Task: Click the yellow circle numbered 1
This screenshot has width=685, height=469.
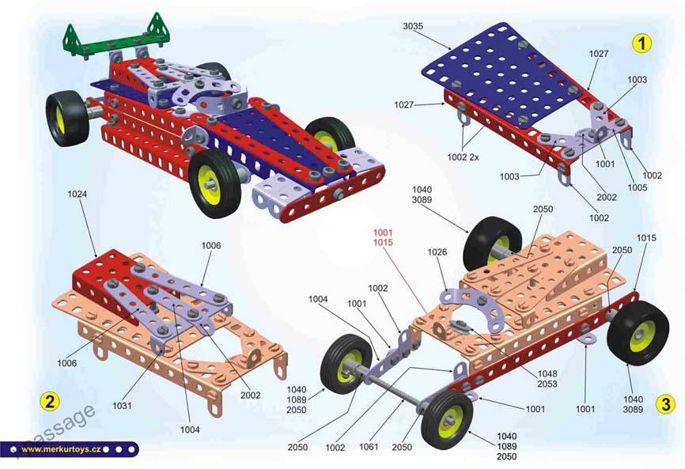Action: coord(641,43)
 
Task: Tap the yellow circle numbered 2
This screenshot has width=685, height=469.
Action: coord(49,401)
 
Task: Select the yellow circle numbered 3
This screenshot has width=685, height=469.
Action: coord(665,404)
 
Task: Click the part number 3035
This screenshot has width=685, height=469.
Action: coord(413,26)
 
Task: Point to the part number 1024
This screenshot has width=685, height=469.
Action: coord(77,195)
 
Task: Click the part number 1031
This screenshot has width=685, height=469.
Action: coord(122,406)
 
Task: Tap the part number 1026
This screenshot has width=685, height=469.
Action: coord(437,252)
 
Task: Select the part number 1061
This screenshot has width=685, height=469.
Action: coord(369,447)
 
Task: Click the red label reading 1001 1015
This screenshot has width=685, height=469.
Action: coord(383,237)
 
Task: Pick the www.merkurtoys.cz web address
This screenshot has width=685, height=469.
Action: coord(61,449)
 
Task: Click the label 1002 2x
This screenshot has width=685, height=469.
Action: coord(463,157)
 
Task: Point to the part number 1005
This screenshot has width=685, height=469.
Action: coord(638,187)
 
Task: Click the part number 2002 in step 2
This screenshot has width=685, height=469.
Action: coord(250,395)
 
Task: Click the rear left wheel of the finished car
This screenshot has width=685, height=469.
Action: coord(68,119)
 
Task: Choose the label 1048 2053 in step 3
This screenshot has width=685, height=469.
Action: coord(547,379)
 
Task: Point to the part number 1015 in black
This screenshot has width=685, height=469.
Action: coord(646,238)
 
